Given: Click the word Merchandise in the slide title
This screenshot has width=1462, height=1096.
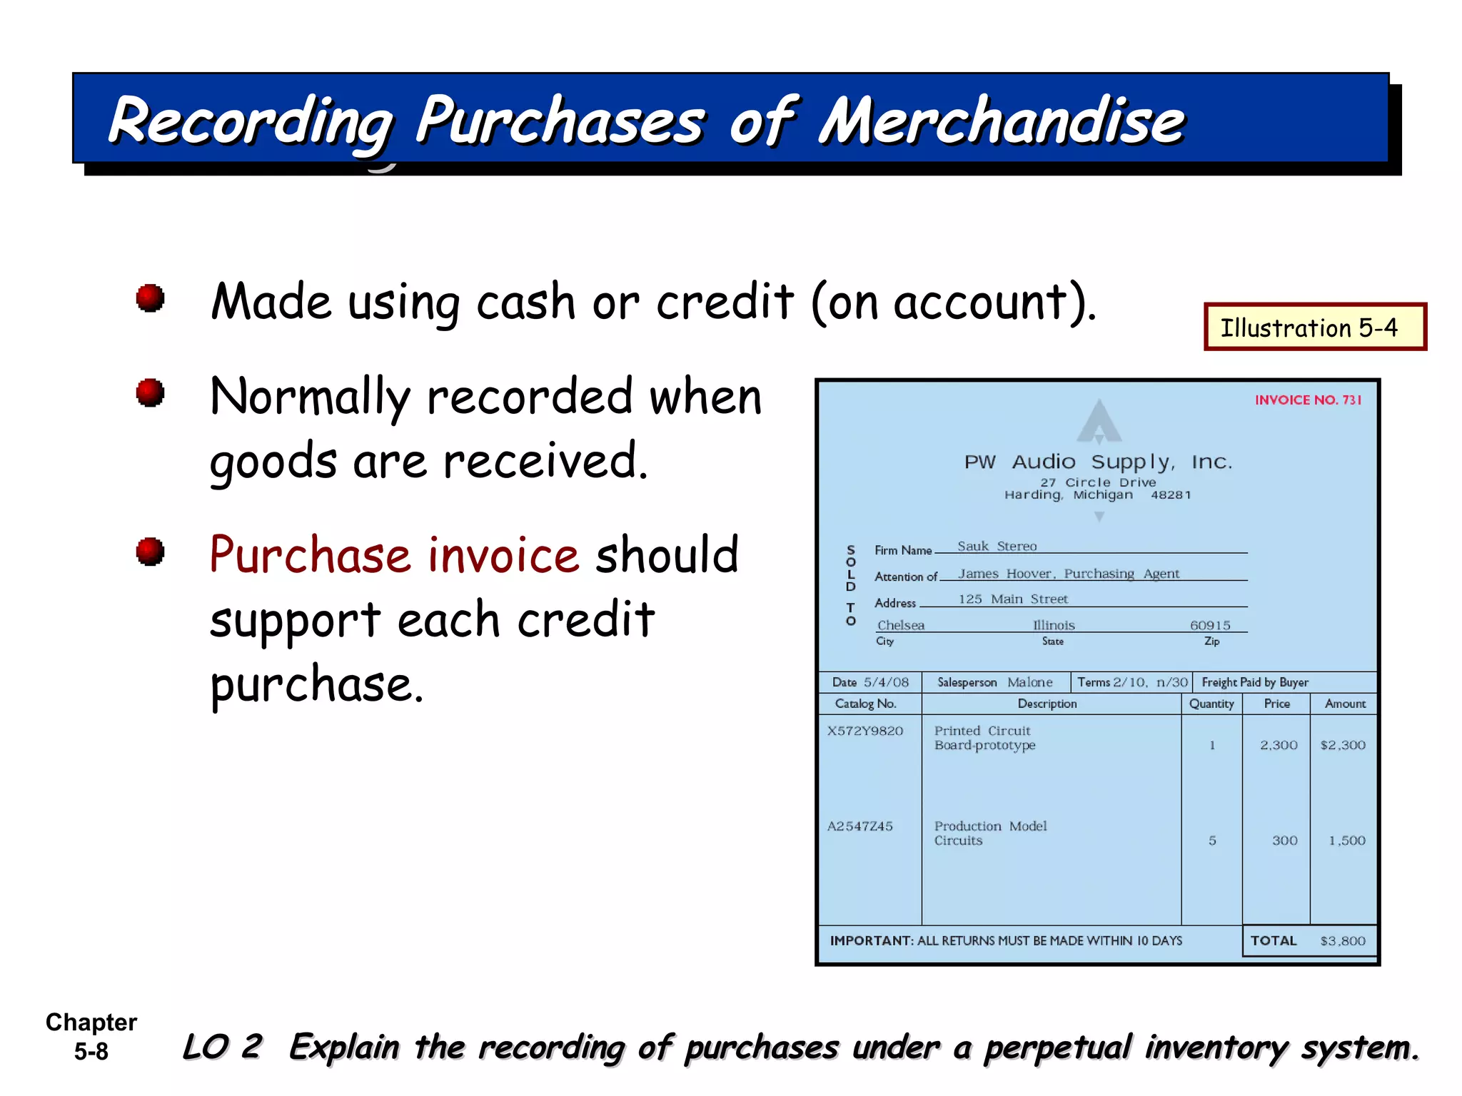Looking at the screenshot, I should [1002, 121].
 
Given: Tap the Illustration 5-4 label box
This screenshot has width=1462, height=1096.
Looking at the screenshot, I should [1314, 328].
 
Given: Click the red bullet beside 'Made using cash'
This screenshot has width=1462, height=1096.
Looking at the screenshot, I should [150, 298].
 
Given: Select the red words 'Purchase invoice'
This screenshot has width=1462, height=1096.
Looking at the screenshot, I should [394, 555].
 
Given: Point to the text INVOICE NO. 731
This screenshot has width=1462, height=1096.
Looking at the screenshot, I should [1308, 400].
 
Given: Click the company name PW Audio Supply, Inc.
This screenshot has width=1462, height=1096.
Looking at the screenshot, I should [1098, 462].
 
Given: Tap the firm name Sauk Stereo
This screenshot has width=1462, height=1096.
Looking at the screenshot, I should [997, 547].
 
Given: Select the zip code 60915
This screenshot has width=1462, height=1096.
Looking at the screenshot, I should [1210, 626].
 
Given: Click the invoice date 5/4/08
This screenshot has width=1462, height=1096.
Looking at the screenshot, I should [886, 682].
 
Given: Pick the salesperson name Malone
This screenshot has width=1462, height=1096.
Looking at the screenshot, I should [1029, 682].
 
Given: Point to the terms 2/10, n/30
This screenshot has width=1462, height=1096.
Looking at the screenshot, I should [1150, 682].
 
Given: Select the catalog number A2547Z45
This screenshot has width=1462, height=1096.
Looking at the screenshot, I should [859, 826].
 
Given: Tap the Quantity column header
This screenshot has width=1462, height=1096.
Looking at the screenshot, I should [1211, 704].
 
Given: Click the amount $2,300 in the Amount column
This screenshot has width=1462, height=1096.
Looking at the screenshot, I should [1342, 745].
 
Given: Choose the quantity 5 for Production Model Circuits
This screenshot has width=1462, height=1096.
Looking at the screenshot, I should [1212, 841].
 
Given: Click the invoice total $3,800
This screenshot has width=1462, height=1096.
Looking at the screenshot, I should [1342, 941].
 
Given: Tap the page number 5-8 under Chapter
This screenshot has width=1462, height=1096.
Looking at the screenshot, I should [91, 1052].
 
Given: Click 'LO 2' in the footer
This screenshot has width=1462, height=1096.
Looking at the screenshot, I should [222, 1047].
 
